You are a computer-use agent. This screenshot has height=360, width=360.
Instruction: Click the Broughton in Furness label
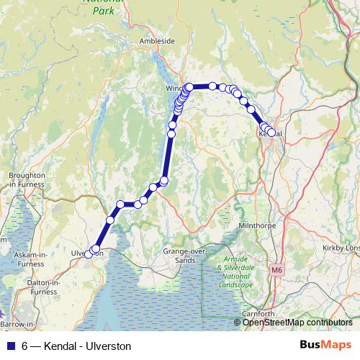[x=27, y=180]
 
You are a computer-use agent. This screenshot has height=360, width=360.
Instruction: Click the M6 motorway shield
[x=279, y=270]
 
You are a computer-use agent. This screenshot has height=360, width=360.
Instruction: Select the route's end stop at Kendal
[x=271, y=132]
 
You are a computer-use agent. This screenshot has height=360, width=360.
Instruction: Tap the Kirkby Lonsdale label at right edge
[x=342, y=248]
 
